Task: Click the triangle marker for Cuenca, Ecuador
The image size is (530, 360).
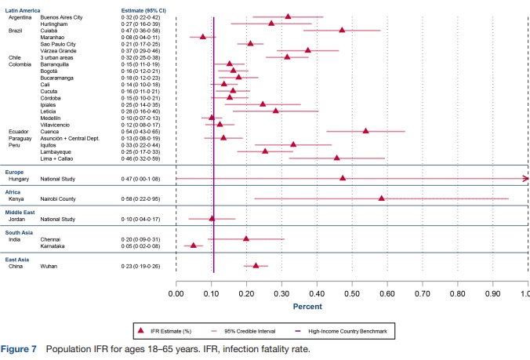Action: point(365,131)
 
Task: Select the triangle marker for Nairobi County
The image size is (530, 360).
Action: point(382,198)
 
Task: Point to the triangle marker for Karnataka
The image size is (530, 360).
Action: point(194,245)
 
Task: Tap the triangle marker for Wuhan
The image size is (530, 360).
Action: point(256,266)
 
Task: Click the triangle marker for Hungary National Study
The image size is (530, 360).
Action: point(343,178)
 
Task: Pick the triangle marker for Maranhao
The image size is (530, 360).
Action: point(203,36)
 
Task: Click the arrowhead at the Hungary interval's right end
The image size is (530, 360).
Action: point(525,178)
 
